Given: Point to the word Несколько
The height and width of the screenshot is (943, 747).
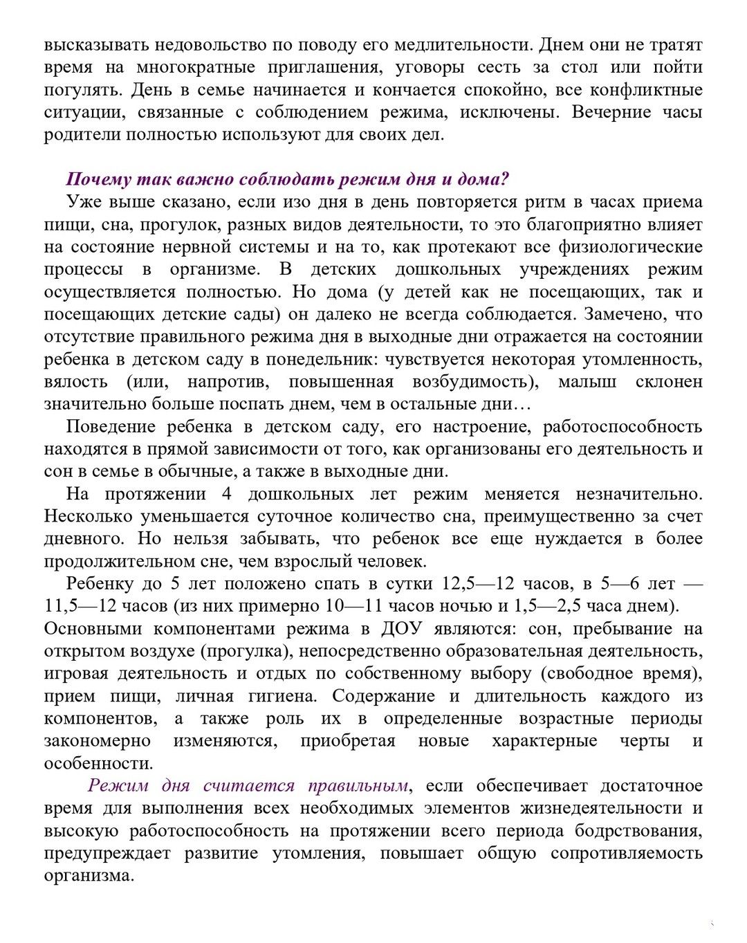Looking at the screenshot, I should point(87,516).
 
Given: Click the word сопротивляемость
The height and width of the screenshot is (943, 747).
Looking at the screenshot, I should point(627,853).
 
